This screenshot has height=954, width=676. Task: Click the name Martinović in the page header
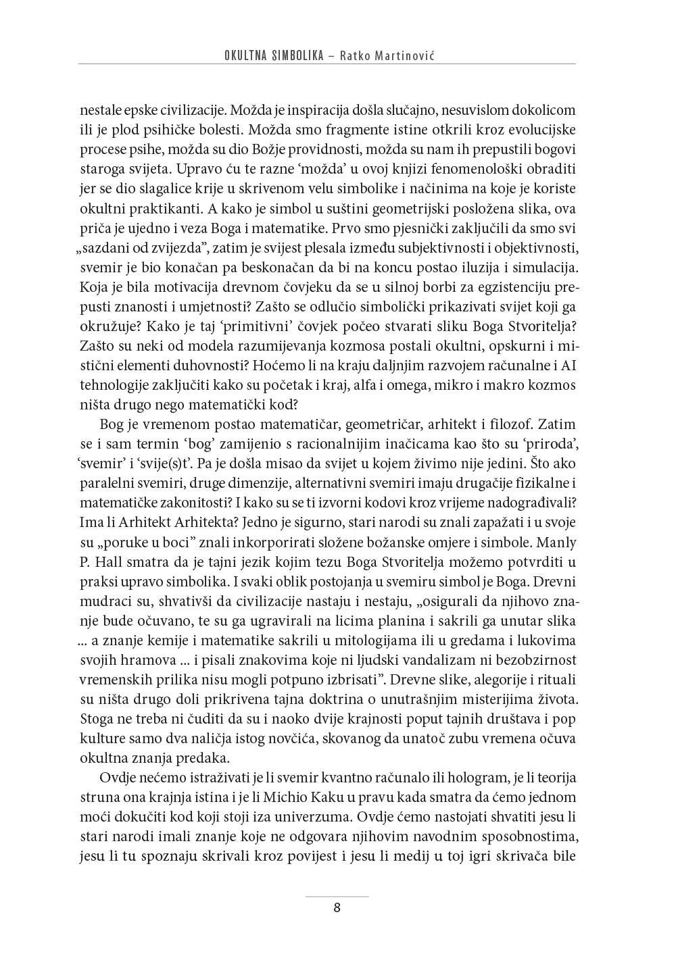pos(406,55)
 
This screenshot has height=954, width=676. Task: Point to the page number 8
pos(337,907)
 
